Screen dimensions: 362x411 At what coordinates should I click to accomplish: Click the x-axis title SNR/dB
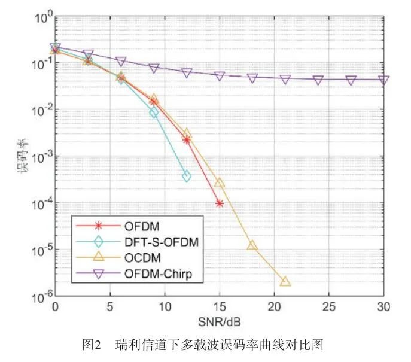218,321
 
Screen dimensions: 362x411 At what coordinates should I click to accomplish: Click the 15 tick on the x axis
220,307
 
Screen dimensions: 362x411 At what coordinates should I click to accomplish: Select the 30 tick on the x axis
383,307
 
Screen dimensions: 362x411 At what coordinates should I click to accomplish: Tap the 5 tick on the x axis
110,307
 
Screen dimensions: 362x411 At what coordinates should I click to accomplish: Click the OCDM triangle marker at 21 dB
285,281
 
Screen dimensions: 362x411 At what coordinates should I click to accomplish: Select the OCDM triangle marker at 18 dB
252,245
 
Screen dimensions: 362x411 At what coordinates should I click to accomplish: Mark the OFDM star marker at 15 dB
220,203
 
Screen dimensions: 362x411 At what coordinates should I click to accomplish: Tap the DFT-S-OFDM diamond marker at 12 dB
187,177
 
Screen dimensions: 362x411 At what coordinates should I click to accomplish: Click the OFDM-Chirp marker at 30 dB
383,80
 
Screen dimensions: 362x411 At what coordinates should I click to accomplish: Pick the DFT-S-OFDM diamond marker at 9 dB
154,112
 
